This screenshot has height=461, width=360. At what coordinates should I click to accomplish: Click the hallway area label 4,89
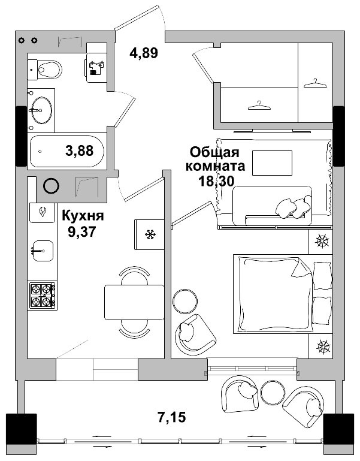coord(144,53)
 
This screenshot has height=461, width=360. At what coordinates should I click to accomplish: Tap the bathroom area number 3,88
coord(79,151)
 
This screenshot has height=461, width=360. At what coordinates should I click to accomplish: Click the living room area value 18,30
coord(215,180)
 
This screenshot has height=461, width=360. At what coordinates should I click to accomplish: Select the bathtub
coord(66,151)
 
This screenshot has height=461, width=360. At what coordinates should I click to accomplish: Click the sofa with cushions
coord(273,206)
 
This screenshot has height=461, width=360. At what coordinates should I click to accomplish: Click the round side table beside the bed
coord(184,300)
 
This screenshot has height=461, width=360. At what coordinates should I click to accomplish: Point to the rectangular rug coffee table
coord(271,162)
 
